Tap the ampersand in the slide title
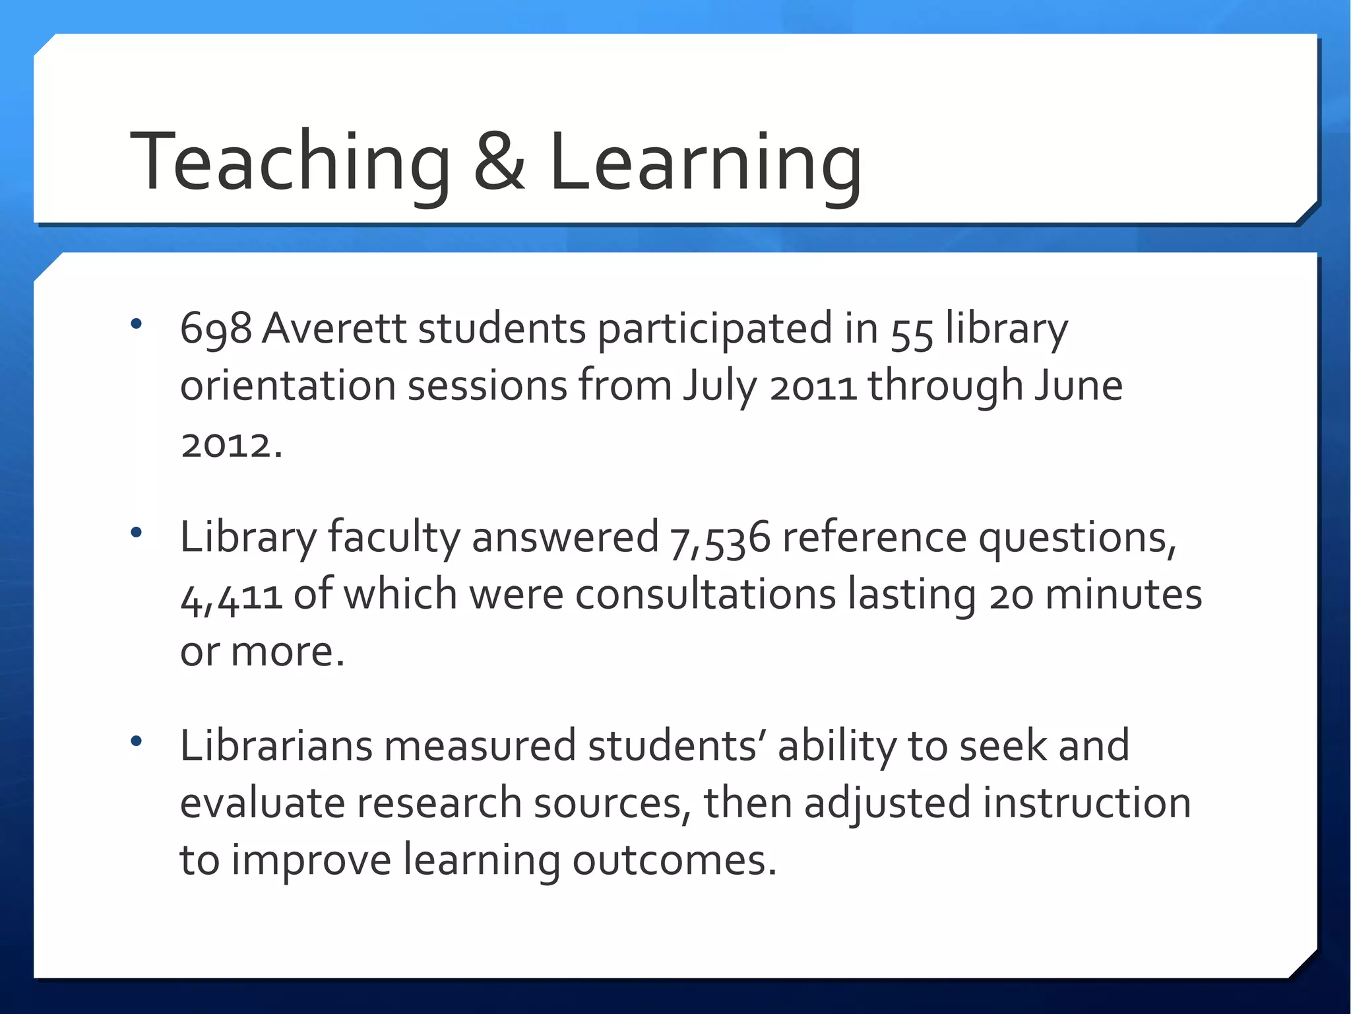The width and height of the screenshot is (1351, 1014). coord(499,162)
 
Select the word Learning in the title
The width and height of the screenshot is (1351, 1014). coord(705,162)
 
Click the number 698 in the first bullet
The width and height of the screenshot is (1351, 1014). coord(216,328)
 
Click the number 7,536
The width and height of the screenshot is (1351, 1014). coord(720,538)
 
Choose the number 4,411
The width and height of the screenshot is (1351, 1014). coord(231,596)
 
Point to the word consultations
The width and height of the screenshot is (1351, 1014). coord(706,594)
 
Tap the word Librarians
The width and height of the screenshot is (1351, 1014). coord(276,745)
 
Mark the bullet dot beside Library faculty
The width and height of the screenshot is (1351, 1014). coord(137,532)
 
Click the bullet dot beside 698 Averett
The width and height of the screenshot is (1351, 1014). coord(137,323)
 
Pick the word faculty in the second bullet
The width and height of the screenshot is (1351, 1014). coord(394,537)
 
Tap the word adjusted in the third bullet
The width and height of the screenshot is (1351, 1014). coord(887,803)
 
